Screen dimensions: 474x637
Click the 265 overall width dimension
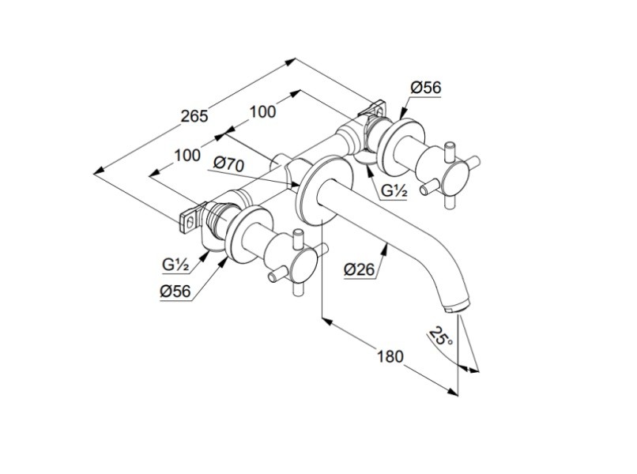194,116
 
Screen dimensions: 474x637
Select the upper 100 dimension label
262,111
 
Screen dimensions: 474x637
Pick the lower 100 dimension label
187,155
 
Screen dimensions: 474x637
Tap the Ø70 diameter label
228,164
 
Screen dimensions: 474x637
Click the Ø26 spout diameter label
358,269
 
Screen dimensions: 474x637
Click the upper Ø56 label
426,88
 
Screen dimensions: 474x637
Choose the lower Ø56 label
175,291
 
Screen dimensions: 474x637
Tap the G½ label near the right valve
394,190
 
